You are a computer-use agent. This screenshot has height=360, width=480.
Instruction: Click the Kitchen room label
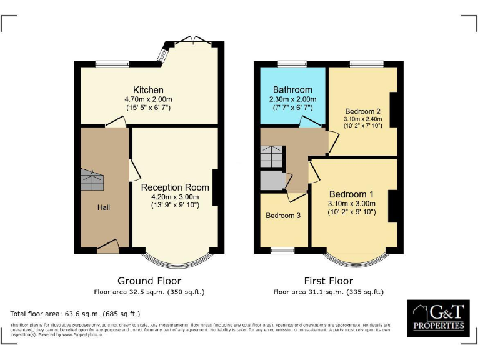click(148, 90)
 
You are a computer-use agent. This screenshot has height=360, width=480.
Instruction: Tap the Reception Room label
click(170, 187)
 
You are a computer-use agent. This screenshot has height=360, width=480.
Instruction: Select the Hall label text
click(104, 207)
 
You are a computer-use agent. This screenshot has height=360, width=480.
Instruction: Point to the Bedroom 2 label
click(362, 111)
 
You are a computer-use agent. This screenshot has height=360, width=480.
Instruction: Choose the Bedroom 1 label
click(352, 193)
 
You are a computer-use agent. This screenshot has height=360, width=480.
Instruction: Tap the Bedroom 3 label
click(283, 216)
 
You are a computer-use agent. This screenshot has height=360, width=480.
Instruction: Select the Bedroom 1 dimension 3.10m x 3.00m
click(352, 203)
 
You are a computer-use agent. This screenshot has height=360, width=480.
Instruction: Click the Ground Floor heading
click(149, 281)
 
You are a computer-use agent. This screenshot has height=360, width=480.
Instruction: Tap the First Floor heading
click(328, 281)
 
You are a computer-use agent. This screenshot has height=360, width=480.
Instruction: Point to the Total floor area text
click(75, 314)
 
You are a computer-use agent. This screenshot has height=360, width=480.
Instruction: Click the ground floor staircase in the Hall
click(92, 182)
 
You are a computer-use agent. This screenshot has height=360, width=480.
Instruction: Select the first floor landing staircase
click(271, 156)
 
